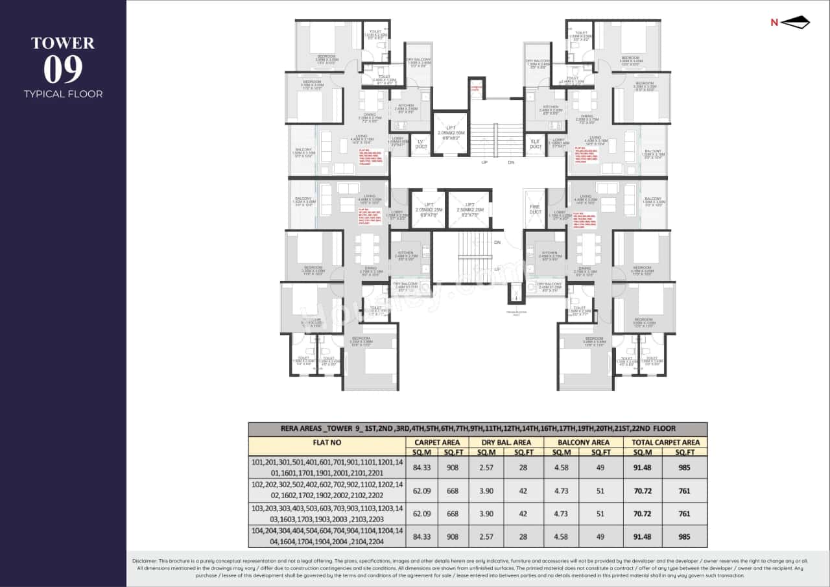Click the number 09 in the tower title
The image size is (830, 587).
pyautogui.click(x=63, y=70)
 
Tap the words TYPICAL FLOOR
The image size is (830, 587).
pyautogui.click(x=63, y=94)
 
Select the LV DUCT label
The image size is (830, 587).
pyautogui.click(x=420, y=144)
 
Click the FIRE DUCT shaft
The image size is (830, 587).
pyautogui.click(x=535, y=209)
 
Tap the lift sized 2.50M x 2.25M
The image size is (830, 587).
pyautogui.click(x=469, y=209)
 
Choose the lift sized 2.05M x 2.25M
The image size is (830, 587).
pyautogui.click(x=428, y=209)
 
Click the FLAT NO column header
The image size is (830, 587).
pyautogui.click(x=326, y=442)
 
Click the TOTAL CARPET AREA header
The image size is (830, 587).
pyautogui.click(x=665, y=442)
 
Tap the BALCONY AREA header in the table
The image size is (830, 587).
pyautogui.click(x=583, y=442)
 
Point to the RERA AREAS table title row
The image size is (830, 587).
pyautogui.click(x=477, y=429)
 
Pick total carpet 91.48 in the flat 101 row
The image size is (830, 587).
pyautogui.click(x=642, y=467)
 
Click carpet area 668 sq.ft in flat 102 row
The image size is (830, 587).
pyautogui.click(x=453, y=490)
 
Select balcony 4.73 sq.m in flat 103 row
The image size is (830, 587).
pyautogui.click(x=561, y=513)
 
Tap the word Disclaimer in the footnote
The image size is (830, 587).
pyautogui.click(x=148, y=560)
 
